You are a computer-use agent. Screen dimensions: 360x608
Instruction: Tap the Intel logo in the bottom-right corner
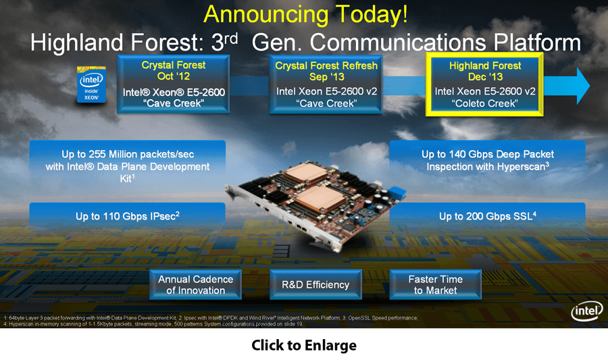point(585,311)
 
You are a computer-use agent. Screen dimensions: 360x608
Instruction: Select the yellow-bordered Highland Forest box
point(484,85)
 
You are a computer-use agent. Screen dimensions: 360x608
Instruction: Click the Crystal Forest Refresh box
point(326,84)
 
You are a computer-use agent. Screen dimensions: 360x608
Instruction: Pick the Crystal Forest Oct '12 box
point(174,84)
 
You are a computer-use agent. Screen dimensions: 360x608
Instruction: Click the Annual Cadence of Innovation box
point(195,284)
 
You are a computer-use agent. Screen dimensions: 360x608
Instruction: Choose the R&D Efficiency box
point(315,284)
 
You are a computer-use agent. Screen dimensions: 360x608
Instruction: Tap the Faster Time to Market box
point(435,284)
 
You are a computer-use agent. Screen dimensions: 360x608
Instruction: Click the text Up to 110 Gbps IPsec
point(128,216)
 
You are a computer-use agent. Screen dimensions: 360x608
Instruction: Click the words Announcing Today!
point(305,14)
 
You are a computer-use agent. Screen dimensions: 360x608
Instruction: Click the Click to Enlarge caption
point(304,345)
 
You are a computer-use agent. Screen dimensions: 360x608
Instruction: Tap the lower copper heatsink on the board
point(318,199)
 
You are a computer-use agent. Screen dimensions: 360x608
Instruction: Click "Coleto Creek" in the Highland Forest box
point(484,103)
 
